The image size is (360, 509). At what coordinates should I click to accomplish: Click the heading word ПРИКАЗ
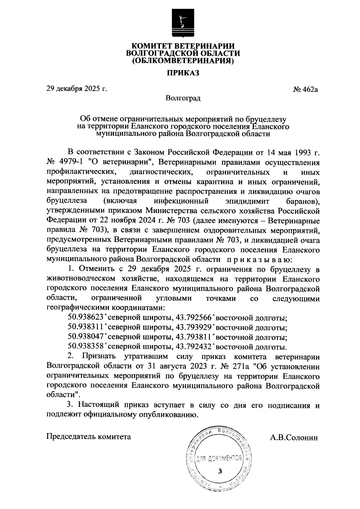pyautogui.click(x=183, y=73)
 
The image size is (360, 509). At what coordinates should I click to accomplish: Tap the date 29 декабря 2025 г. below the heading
pyautogui.click(x=76, y=89)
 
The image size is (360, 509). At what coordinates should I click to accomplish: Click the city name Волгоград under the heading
pyautogui.click(x=183, y=98)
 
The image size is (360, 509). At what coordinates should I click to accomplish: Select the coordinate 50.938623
pyautogui.click(x=86, y=317)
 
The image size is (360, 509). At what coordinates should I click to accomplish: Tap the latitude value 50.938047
pyautogui.click(x=86, y=337)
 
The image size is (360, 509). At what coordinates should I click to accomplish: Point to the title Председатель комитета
pyautogui.click(x=89, y=437)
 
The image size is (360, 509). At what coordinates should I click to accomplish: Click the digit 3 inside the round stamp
pyautogui.click(x=220, y=471)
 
